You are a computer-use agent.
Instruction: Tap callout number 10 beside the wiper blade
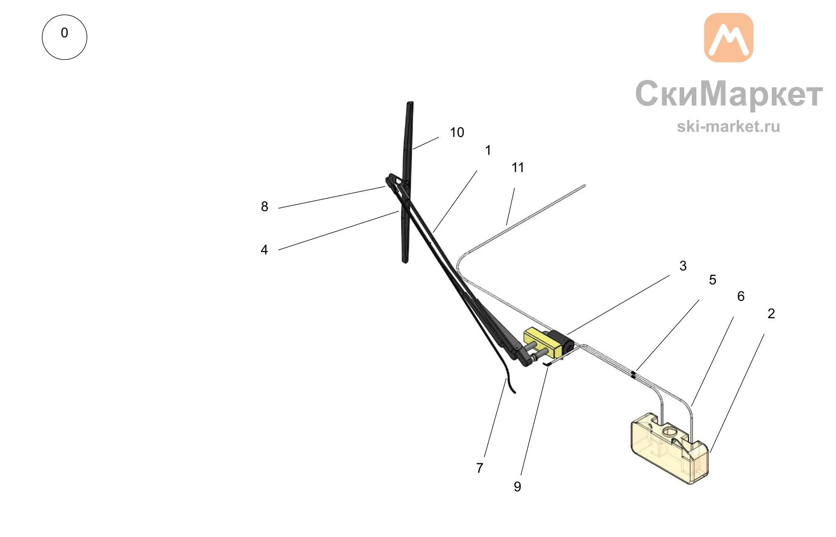pyautogui.click(x=457, y=133)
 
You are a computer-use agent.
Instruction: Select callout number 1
pyautogui.click(x=488, y=150)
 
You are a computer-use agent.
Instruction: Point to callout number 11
pyautogui.click(x=518, y=168)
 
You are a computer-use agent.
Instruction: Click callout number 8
pyautogui.click(x=265, y=206)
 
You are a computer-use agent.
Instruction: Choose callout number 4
pyautogui.click(x=264, y=250)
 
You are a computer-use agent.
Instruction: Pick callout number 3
pyautogui.click(x=683, y=266)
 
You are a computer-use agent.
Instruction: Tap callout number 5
pyautogui.click(x=713, y=280)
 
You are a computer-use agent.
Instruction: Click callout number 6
pyautogui.click(x=741, y=297)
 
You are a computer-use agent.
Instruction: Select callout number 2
pyautogui.click(x=771, y=314)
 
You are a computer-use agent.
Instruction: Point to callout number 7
pyautogui.click(x=480, y=468)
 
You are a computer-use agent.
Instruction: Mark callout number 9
pyautogui.click(x=517, y=487)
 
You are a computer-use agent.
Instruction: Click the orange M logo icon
pyautogui.click(x=729, y=38)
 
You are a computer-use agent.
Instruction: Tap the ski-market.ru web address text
pyautogui.click(x=729, y=126)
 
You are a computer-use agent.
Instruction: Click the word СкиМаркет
pyautogui.click(x=729, y=94)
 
